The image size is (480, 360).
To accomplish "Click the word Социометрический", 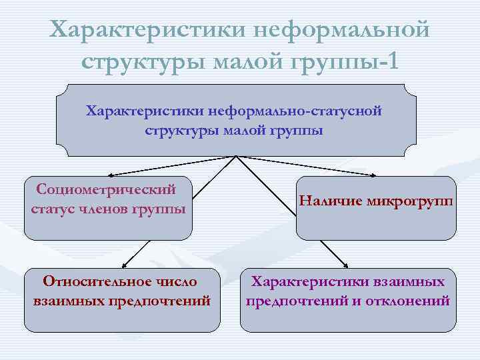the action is tap(106, 189).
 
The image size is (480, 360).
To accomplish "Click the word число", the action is tap(179, 282).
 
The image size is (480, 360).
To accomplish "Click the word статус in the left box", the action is tap(55, 209).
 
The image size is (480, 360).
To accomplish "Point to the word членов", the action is tap(107, 209).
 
